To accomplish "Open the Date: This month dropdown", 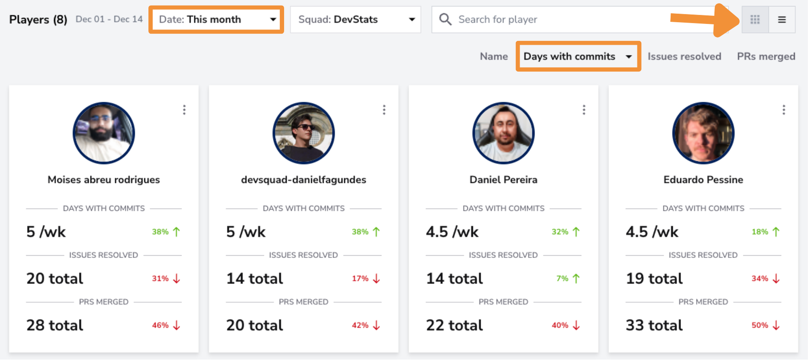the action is tap(216, 20).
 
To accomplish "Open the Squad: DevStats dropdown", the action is tap(356, 20).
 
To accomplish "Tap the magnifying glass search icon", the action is tap(445, 20).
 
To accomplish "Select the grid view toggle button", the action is tap(755, 20).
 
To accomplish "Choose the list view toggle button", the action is tap(782, 20).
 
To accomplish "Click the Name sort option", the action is tap(494, 57).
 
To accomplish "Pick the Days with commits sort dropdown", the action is tap(578, 57).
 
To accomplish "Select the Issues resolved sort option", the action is tap(684, 57).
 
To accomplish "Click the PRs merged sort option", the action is tap(766, 57).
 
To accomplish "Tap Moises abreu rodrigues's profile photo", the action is tap(104, 133).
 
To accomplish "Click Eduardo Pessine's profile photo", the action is tap(703, 133).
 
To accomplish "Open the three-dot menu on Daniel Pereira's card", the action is tap(584, 110).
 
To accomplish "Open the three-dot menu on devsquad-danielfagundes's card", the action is tap(384, 110).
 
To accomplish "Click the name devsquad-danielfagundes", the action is tap(303, 180).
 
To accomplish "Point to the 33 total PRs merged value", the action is tap(654, 326).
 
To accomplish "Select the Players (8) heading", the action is tap(38, 20).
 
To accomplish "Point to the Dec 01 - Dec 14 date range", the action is tap(109, 19).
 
